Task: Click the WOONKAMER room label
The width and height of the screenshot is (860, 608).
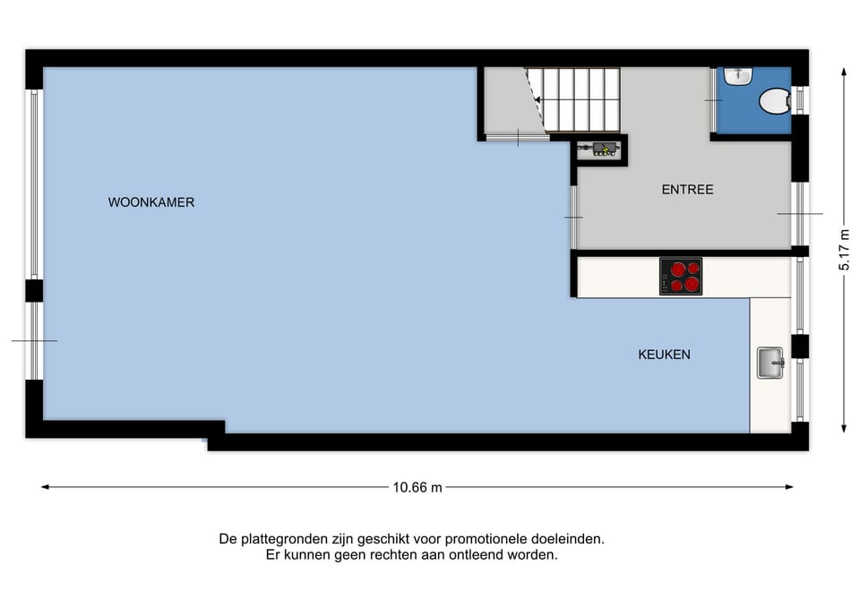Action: point(151,202)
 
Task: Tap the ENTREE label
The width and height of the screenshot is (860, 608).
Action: point(687,190)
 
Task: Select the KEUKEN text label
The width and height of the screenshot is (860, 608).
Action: point(664,355)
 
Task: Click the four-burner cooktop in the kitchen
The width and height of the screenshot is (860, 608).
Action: point(681,276)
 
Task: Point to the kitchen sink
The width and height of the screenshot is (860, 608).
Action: point(770,363)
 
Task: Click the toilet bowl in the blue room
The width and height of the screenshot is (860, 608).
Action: point(772,102)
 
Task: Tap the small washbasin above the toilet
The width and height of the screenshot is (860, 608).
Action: point(738,76)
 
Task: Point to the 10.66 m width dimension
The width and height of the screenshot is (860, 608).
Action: point(417,488)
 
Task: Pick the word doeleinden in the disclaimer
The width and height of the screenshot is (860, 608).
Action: point(571,539)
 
